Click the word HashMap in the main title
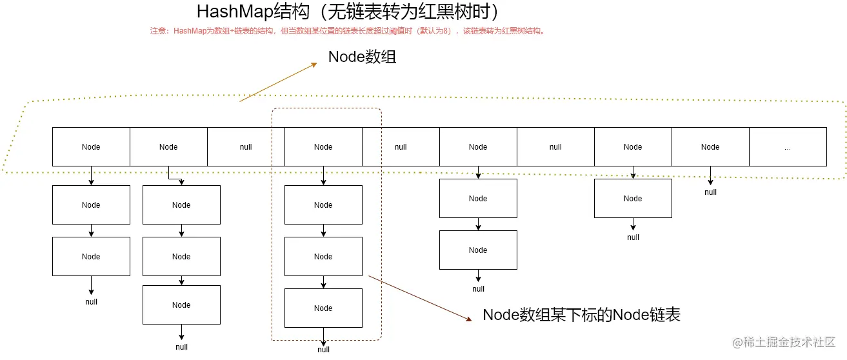tap(230, 12)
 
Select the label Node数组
tap(362, 57)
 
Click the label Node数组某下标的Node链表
tap(581, 315)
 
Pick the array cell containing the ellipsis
tap(787, 147)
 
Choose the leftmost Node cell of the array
tap(91, 147)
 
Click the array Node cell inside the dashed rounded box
tap(323, 147)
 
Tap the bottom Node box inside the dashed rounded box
tap(323, 308)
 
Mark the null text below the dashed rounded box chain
tap(323, 350)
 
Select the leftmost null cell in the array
tap(246, 147)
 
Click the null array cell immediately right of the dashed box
tap(401, 147)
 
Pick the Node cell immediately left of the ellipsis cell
tap(710, 147)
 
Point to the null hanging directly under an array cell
tap(710, 192)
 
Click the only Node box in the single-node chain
tap(633, 199)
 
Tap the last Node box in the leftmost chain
tap(91, 257)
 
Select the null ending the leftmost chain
tap(91, 302)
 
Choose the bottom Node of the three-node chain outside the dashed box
tap(181, 305)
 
